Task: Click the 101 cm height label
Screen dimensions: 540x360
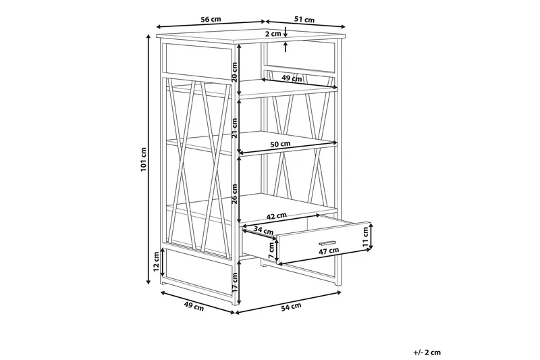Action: (144, 159)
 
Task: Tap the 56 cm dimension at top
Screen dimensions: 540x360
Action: (211, 20)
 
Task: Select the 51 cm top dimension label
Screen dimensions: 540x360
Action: (304, 20)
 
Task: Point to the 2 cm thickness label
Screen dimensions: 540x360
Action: (273, 34)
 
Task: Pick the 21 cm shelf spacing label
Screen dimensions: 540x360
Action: (234, 128)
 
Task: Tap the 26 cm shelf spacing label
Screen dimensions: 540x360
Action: (234, 194)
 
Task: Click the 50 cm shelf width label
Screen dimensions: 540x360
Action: (280, 144)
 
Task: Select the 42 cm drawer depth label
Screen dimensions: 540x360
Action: (276, 216)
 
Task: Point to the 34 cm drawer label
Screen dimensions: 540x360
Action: (263, 230)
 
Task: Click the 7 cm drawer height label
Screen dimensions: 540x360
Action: (271, 251)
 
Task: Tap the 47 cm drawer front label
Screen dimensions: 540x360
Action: (328, 251)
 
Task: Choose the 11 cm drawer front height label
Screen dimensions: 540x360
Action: (365, 235)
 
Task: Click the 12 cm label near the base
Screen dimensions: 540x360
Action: (157, 261)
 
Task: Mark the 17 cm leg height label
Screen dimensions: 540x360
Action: (234, 282)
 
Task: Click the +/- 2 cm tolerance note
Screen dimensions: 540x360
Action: (427, 352)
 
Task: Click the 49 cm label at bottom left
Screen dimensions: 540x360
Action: (194, 306)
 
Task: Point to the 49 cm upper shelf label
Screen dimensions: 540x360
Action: (292, 78)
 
